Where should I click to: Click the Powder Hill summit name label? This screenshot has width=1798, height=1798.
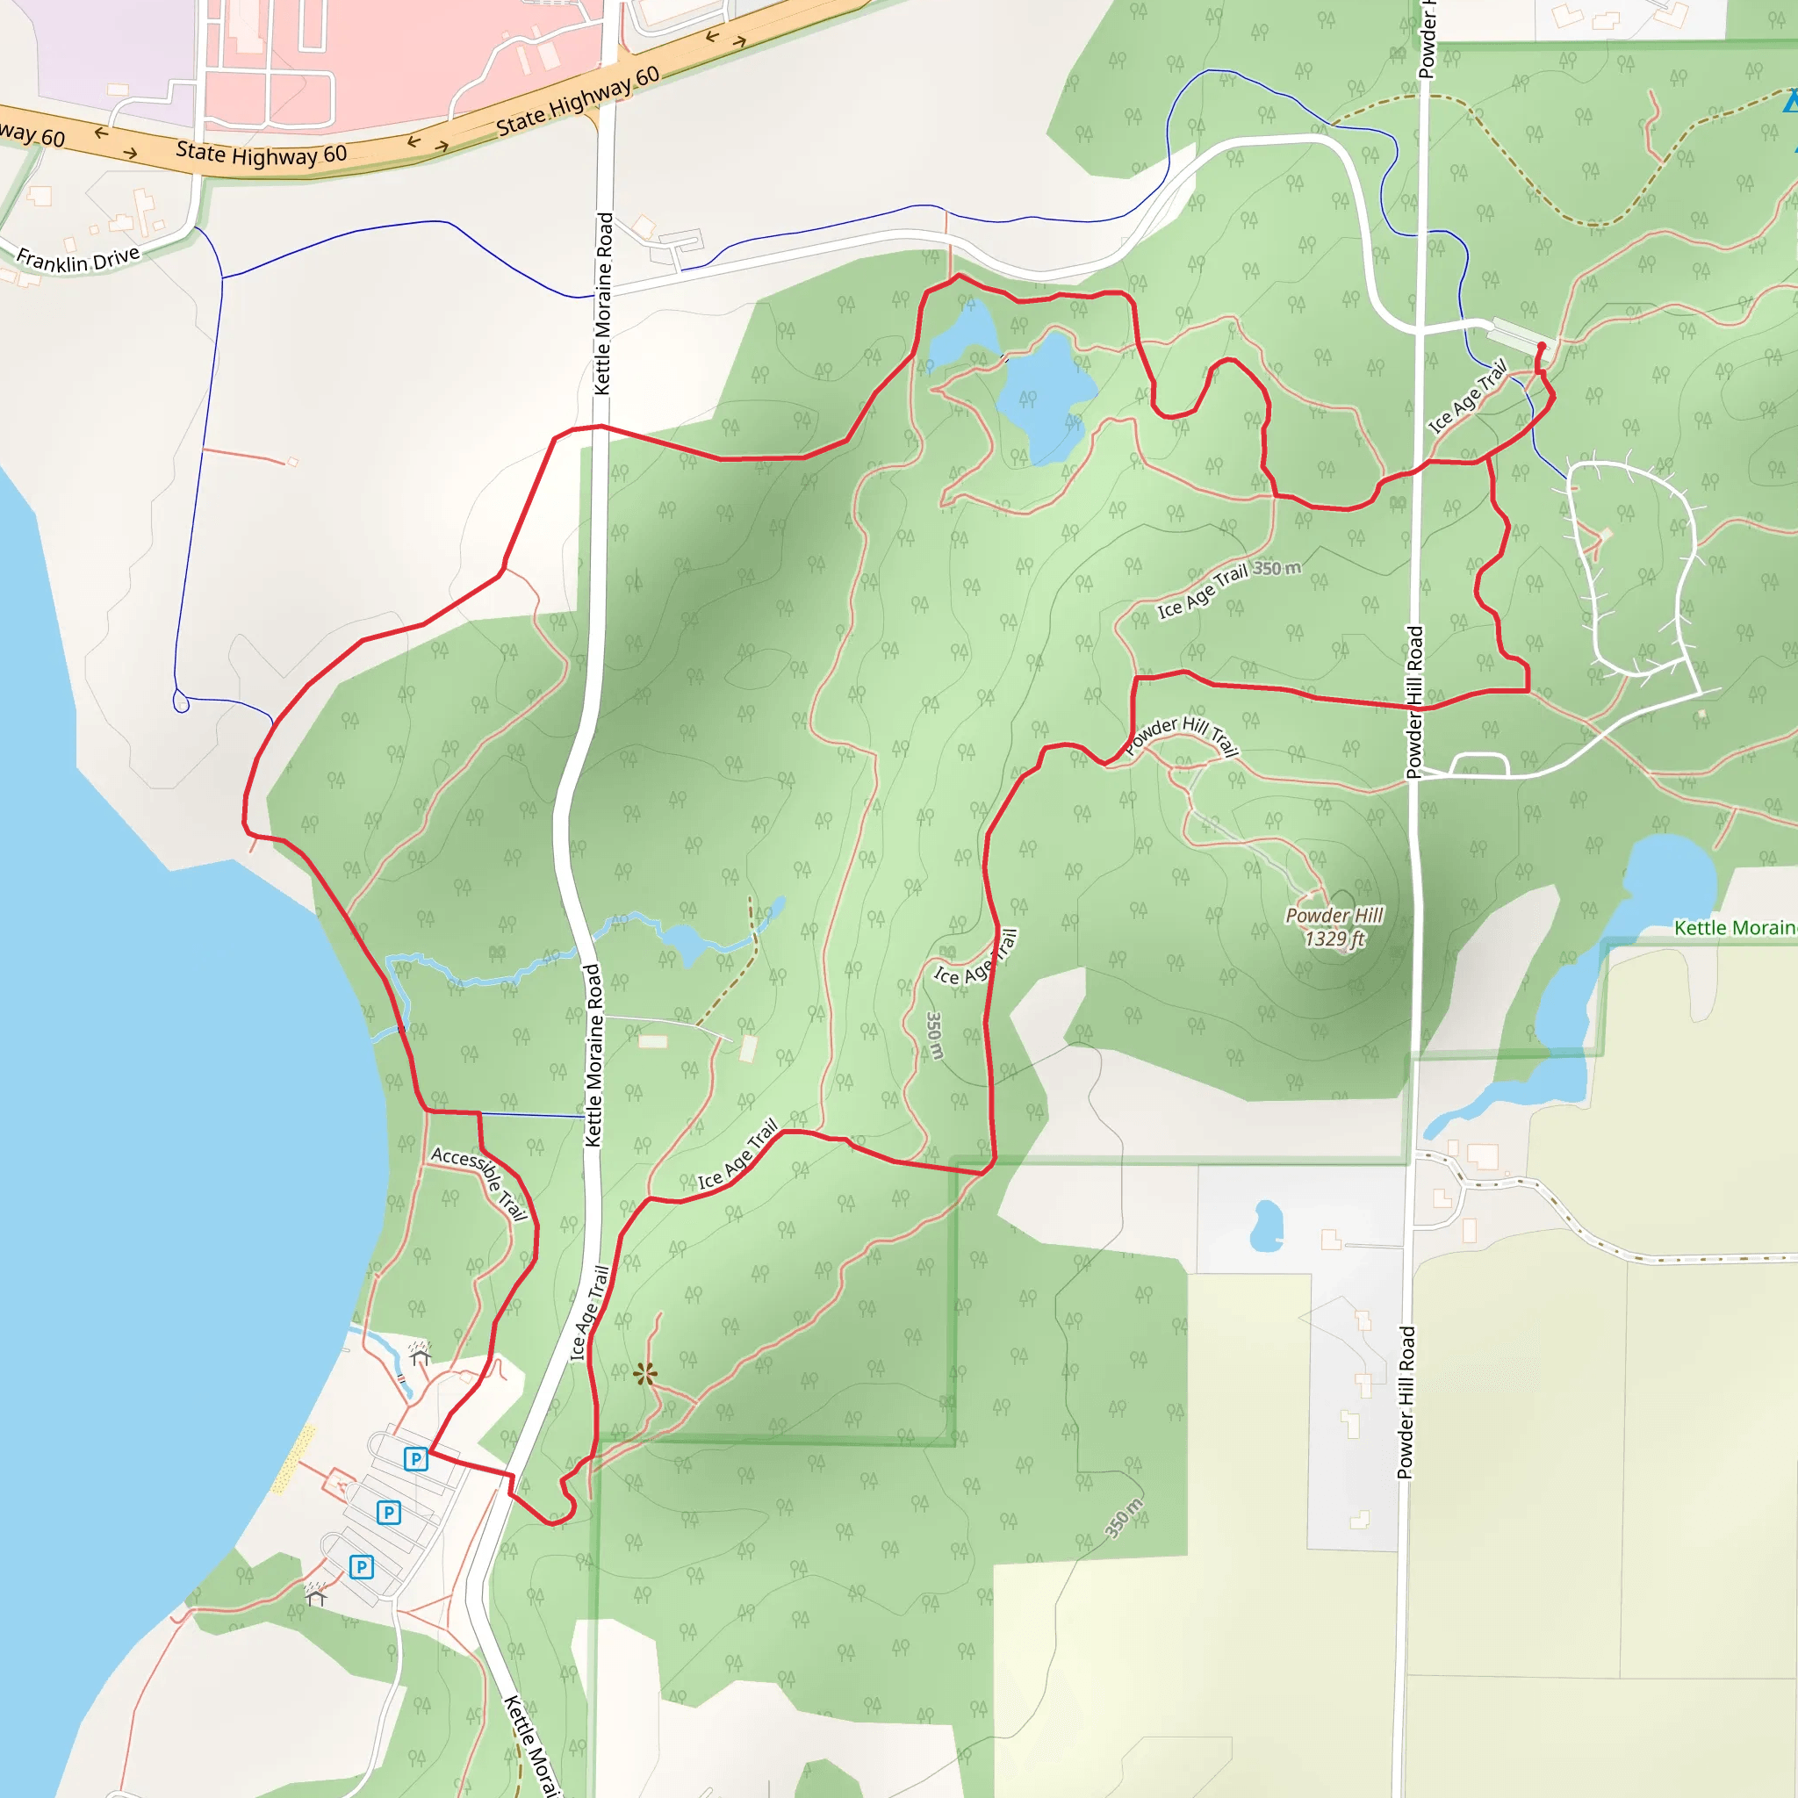coord(1334,916)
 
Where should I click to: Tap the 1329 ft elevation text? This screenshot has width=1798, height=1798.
coord(1334,939)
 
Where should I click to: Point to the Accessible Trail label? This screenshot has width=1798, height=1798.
coord(480,1183)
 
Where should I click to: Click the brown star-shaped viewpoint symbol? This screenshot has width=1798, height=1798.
coord(645,1374)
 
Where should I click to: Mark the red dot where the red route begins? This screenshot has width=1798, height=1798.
coord(1541,346)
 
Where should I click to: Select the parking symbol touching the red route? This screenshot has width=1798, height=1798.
coord(416,1458)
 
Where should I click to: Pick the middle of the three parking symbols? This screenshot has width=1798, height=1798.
coord(389,1513)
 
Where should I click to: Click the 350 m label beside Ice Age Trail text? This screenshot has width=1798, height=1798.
coord(1277,568)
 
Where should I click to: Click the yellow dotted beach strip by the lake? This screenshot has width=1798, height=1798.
coord(293,1459)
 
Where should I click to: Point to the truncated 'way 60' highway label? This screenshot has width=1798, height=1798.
coord(32,134)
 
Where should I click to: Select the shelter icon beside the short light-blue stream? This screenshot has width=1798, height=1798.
coord(420,1355)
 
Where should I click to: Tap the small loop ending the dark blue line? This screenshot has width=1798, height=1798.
coord(181,702)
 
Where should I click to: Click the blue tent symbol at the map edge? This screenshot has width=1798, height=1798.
coord(1792,100)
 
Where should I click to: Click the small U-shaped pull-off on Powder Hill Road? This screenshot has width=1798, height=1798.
coord(1478,763)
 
